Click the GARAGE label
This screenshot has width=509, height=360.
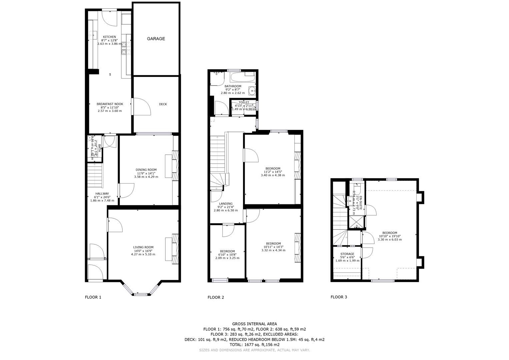pos(156,39)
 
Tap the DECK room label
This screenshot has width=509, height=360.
pos(163,104)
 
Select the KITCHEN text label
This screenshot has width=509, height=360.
pos(109,37)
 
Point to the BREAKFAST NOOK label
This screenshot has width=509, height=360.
pos(110,104)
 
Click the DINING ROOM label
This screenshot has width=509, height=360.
pos(146,170)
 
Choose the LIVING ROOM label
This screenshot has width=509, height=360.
pos(143,247)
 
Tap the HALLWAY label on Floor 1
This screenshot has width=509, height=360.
pos(102,194)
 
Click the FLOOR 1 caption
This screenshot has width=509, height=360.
pos(93,297)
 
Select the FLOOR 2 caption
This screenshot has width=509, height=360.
pos(216,297)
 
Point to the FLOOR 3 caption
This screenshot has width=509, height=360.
pos(339,297)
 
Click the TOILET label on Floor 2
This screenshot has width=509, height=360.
pos(244,102)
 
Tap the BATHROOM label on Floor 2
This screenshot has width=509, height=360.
pos(233,86)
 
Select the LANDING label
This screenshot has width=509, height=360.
pos(226,204)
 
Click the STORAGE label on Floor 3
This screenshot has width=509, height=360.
pos(347,254)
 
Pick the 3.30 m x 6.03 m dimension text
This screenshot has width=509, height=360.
pos(390,240)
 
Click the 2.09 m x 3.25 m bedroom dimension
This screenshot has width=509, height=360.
pos(227,258)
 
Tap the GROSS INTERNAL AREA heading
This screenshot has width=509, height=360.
pos(254,324)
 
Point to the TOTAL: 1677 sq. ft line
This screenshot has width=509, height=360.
pos(254,345)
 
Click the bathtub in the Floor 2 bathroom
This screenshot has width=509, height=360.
pos(242,77)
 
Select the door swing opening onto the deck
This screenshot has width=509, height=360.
pos(139,106)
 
